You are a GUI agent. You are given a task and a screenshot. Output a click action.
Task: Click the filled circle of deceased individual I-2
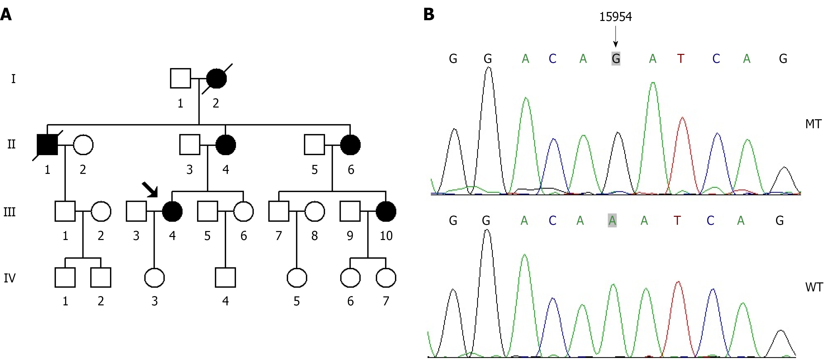click(217, 79)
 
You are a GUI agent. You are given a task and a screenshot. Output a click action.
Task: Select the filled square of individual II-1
click(47, 145)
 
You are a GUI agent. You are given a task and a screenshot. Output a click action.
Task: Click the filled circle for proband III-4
click(172, 211)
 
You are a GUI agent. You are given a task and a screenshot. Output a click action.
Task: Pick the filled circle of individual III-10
click(386, 211)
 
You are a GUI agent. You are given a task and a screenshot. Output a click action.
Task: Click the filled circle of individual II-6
click(350, 145)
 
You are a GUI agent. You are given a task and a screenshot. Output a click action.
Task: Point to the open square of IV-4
click(226, 278)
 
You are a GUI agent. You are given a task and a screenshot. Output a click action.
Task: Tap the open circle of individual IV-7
click(386, 278)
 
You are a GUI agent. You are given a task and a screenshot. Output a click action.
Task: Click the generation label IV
click(10, 278)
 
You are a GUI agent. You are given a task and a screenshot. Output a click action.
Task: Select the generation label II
click(11, 144)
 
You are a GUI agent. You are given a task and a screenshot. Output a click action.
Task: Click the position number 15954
click(615, 17)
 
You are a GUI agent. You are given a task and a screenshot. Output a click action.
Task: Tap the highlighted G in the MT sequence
click(615, 59)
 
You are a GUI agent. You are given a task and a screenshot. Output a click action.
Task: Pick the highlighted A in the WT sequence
click(612, 220)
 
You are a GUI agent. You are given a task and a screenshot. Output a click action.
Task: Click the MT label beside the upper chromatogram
click(813, 124)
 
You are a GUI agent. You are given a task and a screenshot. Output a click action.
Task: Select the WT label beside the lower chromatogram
click(814, 287)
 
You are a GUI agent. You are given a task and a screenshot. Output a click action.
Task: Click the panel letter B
click(429, 14)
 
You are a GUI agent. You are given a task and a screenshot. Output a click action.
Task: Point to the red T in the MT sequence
click(681, 59)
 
